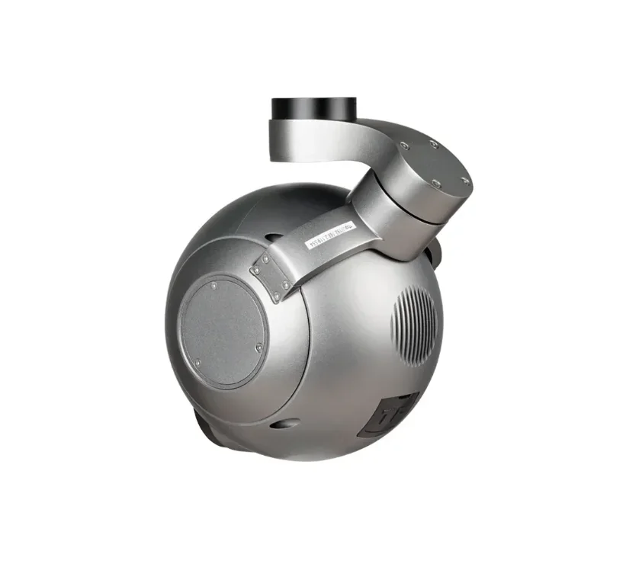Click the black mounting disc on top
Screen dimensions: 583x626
point(313,110)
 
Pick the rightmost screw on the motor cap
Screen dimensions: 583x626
point(464,181)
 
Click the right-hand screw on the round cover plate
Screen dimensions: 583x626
point(259,348)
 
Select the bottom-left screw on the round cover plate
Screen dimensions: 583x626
point(197,362)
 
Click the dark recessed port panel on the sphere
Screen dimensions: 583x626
point(389,414)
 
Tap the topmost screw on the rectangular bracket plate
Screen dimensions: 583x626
point(265,258)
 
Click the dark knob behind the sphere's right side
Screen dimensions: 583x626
point(439,254)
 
